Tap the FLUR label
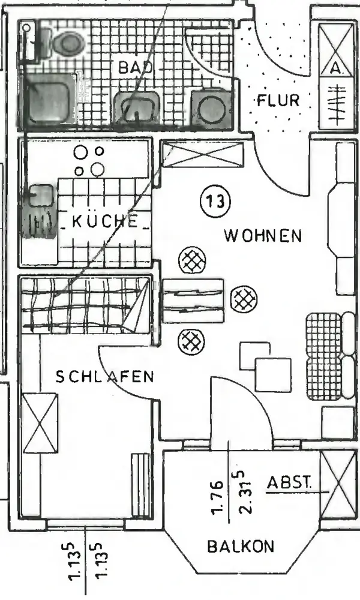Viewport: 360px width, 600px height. [x=278, y=100]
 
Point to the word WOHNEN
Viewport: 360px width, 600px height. [x=262, y=235]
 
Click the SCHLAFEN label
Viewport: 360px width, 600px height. [x=104, y=377]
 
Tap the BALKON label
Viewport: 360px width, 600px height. [x=241, y=547]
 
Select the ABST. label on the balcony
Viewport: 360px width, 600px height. [x=289, y=482]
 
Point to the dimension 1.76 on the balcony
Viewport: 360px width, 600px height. [x=218, y=497]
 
